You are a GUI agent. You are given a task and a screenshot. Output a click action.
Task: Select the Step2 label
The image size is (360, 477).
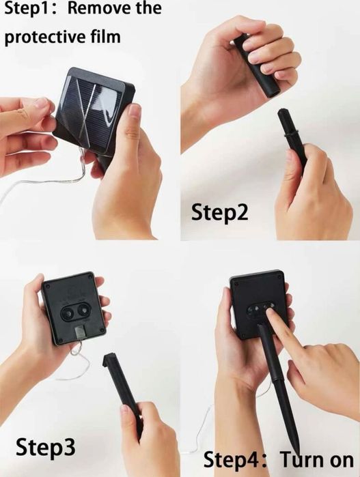[219, 212]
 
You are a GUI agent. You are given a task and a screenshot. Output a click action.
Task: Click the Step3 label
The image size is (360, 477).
[45, 447]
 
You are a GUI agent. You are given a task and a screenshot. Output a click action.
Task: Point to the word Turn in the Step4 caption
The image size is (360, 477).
[300, 459]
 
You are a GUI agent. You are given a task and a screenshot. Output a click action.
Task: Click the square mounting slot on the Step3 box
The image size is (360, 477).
[80, 332]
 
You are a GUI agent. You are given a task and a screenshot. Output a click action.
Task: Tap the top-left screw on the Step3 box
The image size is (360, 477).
[47, 286]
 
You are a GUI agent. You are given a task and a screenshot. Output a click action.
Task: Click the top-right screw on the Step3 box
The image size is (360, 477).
[89, 277]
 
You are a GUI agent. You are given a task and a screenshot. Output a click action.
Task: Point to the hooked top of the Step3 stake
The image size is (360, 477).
[110, 359]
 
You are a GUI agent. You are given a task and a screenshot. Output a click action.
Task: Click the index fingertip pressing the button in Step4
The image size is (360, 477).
[271, 312]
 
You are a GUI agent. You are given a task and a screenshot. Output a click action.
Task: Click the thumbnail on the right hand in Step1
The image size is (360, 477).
[134, 111]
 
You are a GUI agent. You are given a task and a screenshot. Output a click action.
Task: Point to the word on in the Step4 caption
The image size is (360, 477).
[340, 461]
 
